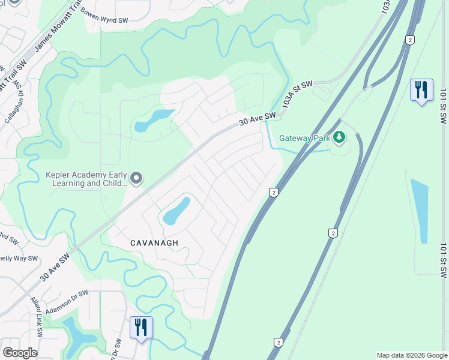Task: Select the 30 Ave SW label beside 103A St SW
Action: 257,118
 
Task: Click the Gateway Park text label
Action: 305,138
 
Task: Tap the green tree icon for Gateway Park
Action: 340,137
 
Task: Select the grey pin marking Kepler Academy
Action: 137,178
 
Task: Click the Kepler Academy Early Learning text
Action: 86,179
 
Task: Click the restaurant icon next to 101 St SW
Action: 421,90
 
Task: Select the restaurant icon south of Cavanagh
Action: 141,327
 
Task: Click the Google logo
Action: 20,353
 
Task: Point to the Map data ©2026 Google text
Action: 412,355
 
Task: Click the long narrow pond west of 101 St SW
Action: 420,210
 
